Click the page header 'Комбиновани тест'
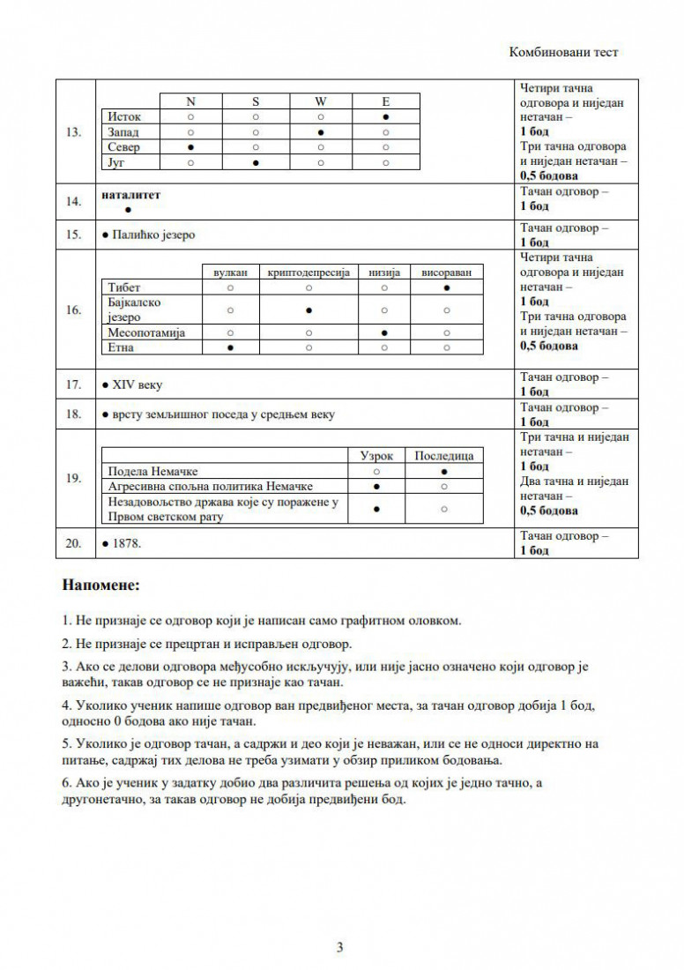click(x=563, y=52)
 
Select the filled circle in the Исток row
click(x=386, y=116)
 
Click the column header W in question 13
click(x=321, y=101)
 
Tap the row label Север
click(x=123, y=147)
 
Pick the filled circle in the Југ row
click(x=256, y=163)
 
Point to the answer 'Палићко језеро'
click(x=152, y=235)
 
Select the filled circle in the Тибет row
click(x=448, y=287)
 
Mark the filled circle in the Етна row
click(x=230, y=348)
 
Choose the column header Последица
click(x=444, y=456)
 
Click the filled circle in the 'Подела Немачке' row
click(x=444, y=472)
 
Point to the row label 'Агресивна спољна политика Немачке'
click(x=210, y=486)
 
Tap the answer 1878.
click(x=127, y=544)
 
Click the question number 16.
click(x=74, y=310)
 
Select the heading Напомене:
click(x=101, y=585)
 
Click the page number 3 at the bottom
click(x=339, y=949)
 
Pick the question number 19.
click(x=74, y=479)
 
